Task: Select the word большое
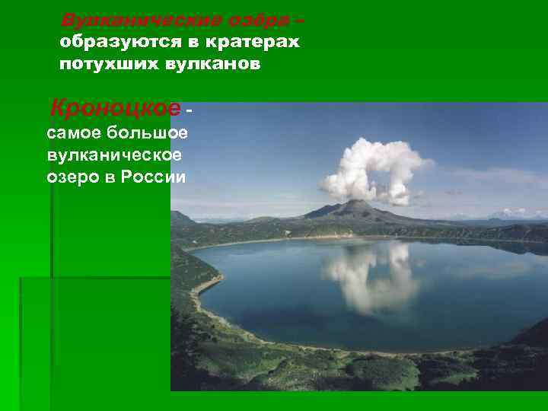[x=152, y=135]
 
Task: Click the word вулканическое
[x=114, y=156]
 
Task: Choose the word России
[x=159, y=177]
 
